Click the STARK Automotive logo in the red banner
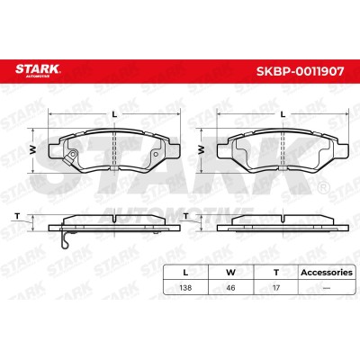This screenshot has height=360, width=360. pos(38,70)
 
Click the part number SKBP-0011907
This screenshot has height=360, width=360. pos(300,71)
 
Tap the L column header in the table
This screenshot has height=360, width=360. pos(185,273)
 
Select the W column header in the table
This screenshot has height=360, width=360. pos(230,273)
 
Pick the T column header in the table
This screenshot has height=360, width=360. pos(276,273)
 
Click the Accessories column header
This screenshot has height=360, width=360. pos(327,273)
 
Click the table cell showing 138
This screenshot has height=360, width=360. pos(185,288)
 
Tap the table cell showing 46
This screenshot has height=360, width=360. pos(230,288)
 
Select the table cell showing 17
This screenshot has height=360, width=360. pos(276,288)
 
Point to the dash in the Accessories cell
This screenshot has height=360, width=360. pos(327,288)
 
